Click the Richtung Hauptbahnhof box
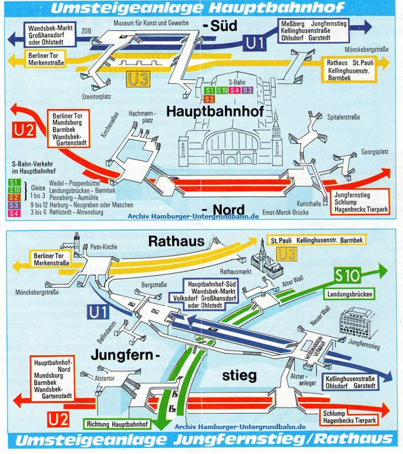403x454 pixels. point(115,424)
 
